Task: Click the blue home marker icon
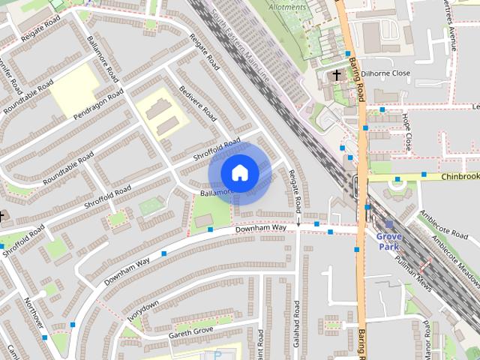coord(239,173)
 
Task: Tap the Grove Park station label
coord(388,241)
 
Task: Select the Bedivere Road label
coord(197,103)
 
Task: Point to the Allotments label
coord(286,7)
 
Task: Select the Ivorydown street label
coord(142,310)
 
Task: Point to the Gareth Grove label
coord(191,331)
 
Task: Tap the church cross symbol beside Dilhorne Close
coord(337,74)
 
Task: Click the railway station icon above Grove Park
coord(388,225)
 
